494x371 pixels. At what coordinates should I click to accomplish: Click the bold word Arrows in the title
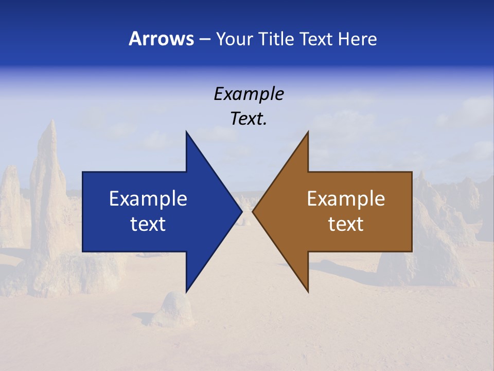(161, 39)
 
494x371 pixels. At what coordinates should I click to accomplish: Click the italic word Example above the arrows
(249, 94)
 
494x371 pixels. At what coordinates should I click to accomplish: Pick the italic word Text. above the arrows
(249, 119)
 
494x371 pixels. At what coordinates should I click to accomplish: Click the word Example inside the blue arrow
(148, 198)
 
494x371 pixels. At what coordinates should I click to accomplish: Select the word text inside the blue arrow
(148, 224)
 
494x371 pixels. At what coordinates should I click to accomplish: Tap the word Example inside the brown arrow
(346, 198)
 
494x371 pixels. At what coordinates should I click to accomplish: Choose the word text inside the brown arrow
(346, 224)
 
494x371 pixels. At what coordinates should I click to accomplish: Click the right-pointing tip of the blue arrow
(241, 211)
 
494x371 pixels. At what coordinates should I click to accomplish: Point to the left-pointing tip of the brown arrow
(253, 211)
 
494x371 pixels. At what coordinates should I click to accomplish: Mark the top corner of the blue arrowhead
(186, 132)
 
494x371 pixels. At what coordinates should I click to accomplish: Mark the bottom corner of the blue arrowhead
(186, 291)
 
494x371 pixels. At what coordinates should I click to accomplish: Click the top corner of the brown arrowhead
(308, 132)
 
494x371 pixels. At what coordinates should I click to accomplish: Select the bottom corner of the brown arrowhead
(308, 291)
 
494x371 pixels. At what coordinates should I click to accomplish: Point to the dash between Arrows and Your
(204, 39)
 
